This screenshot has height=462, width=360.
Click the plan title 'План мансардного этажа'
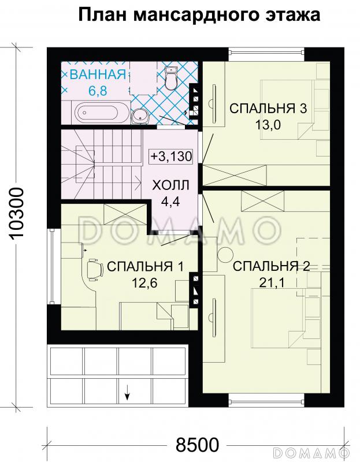pyautogui.click(x=199, y=14)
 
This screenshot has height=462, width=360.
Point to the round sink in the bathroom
pyautogui.click(x=139, y=117)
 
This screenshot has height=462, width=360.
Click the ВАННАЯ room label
pyautogui.click(x=98, y=74)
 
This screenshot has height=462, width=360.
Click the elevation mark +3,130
pyautogui.click(x=170, y=156)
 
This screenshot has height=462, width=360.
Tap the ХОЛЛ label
pyautogui.click(x=170, y=185)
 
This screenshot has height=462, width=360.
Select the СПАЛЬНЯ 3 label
pyautogui.click(x=268, y=108)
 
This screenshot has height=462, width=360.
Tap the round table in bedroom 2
pyautogui.click(x=225, y=255)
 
